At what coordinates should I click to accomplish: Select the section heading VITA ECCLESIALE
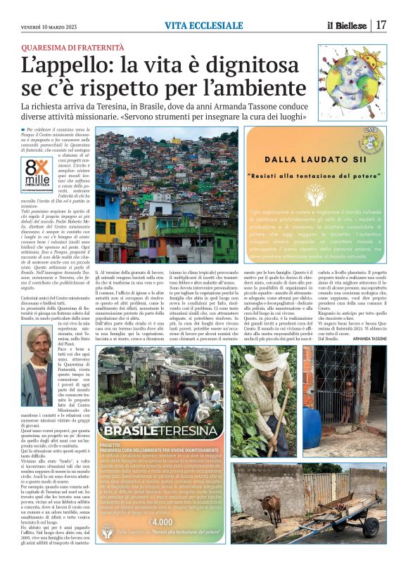point(204,25)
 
